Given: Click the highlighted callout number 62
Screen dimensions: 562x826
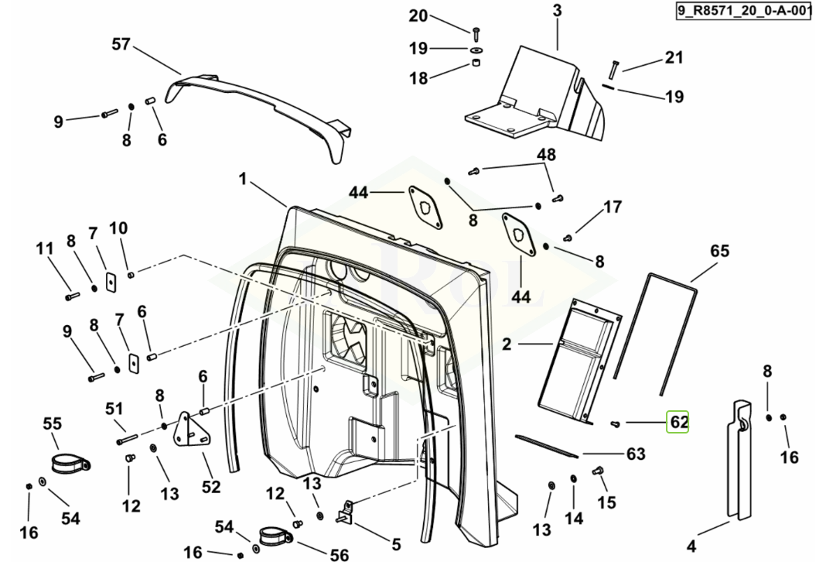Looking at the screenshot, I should (678, 423).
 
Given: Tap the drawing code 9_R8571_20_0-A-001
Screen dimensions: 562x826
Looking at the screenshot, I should (742, 12).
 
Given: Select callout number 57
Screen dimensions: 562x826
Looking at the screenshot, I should (121, 44).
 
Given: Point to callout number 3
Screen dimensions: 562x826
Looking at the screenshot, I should (557, 11).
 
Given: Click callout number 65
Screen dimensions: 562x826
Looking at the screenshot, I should (719, 251).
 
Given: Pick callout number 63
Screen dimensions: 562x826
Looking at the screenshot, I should (635, 454).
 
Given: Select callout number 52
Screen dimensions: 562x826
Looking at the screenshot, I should (211, 487).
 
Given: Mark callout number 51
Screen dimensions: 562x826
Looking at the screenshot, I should (114, 408).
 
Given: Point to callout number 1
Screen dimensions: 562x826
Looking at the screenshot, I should (242, 179).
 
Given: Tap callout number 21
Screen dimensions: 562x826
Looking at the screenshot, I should (674, 57).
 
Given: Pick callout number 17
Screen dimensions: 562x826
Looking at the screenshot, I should (613, 207).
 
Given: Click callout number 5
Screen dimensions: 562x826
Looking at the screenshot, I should (396, 543).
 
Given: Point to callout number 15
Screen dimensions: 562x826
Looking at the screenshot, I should (606, 502).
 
